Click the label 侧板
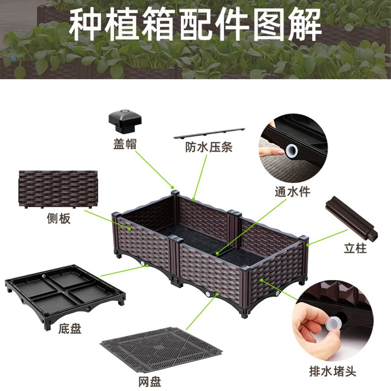coord(59,218)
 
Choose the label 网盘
coord(150,381)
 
